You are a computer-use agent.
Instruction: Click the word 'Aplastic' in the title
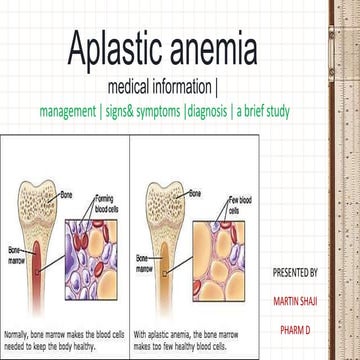(118, 47)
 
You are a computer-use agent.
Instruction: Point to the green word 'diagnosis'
(201, 112)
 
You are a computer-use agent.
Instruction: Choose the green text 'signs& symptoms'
(144, 112)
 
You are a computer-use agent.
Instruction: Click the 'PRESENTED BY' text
(295, 271)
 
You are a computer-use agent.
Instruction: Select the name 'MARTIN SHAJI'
(295, 299)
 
